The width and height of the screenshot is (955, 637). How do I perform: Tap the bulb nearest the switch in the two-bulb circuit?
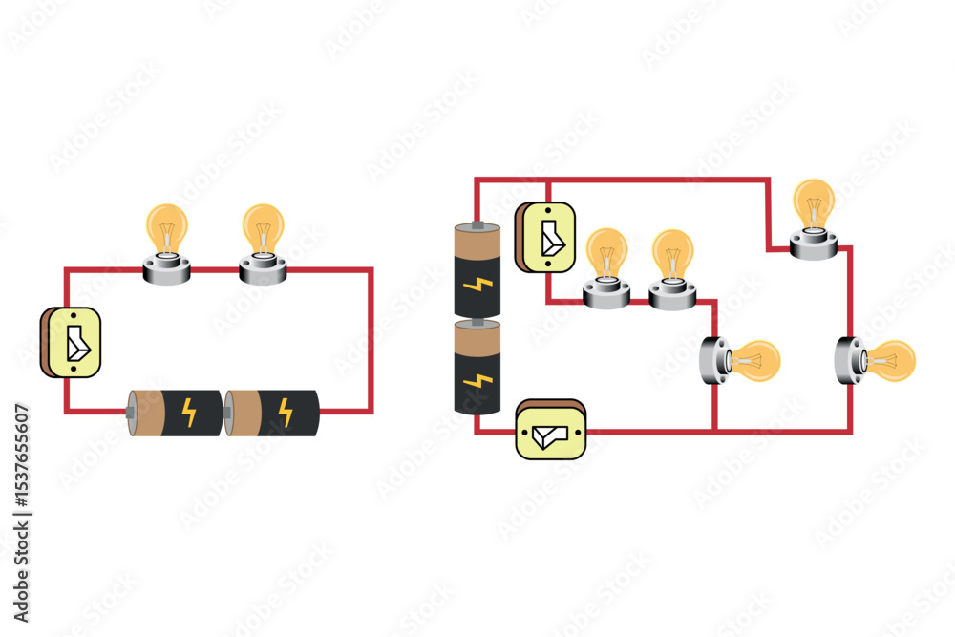coord(167,243)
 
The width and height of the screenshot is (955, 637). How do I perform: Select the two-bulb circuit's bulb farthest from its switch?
coord(263,243)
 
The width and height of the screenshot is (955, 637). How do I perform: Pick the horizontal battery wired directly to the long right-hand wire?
coord(271,412)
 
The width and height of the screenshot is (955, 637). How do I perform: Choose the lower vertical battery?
coord(477,367)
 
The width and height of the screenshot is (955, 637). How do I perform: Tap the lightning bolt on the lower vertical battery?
coord(475,380)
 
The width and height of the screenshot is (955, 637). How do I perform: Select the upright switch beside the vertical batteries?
coord(545,238)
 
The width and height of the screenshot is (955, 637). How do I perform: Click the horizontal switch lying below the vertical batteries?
coord(550,429)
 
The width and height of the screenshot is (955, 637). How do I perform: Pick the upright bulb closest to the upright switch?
coord(606,266)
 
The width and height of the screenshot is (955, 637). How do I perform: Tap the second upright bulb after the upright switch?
coord(673,268)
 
